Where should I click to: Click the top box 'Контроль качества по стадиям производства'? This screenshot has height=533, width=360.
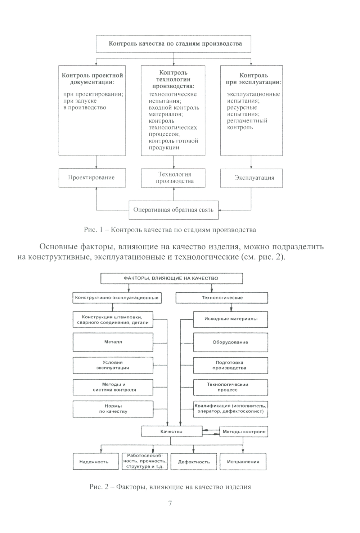tap(174, 44)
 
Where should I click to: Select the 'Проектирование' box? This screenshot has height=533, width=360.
tap(92, 178)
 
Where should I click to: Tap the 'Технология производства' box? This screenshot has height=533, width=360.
tap(173, 178)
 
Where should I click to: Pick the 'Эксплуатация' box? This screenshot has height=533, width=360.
tap(251, 178)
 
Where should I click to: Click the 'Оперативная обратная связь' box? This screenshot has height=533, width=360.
tap(174, 210)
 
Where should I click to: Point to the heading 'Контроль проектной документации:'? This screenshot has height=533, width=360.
tap(92, 79)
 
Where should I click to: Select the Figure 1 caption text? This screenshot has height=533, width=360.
tap(170, 230)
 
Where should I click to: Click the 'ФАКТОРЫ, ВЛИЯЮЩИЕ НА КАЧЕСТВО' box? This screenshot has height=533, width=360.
tap(171, 278)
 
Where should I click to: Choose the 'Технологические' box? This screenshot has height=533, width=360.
tap(222, 298)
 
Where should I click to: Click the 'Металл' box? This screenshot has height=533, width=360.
tap(113, 342)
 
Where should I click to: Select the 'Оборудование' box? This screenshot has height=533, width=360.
tap(230, 342)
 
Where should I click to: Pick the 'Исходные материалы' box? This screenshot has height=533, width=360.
tap(230, 319)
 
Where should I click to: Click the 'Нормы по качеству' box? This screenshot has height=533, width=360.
tap(113, 409)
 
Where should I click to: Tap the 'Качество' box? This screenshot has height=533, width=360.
tap(171, 431)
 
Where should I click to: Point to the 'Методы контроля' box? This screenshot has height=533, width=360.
tap(244, 431)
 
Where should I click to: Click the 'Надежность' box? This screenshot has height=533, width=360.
tap(96, 462)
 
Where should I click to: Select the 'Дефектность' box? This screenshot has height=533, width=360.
tap(194, 462)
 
